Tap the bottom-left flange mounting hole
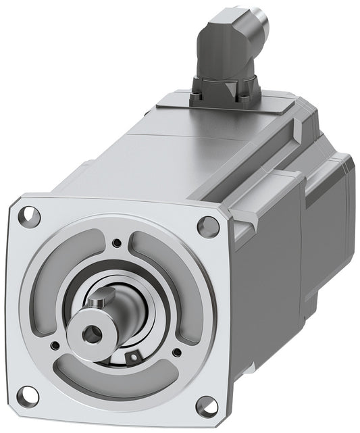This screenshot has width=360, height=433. pyautogui.click(x=25, y=393)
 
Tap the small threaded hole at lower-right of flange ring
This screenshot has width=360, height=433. pyautogui.click(x=177, y=351)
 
